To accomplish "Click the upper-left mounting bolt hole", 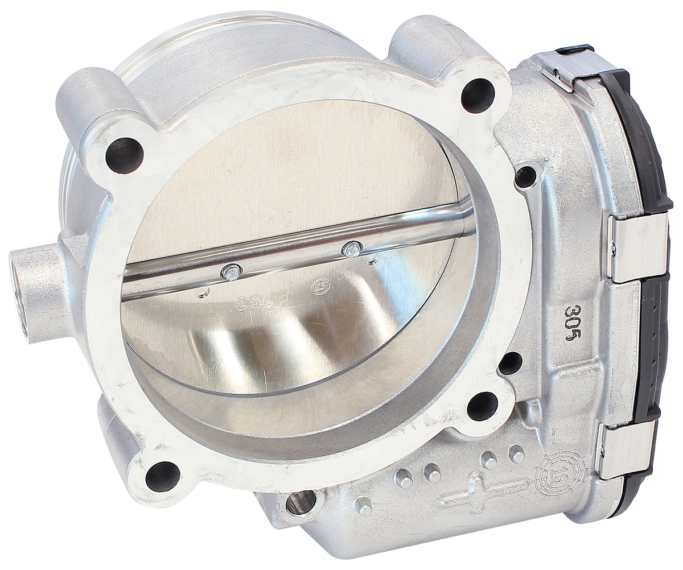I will tap(124, 155).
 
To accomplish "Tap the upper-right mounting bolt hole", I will tap(478, 95).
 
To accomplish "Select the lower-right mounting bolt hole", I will tap(482, 406).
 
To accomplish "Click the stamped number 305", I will tap(573, 322).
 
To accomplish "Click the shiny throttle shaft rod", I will tap(296, 250).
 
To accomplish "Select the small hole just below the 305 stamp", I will tap(511, 363).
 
